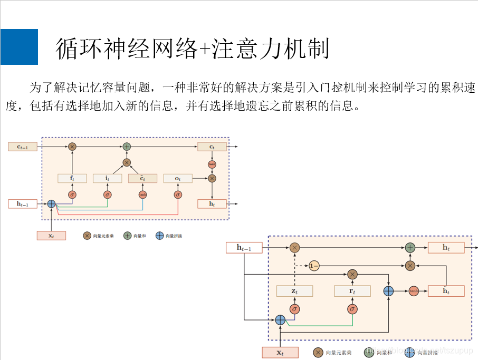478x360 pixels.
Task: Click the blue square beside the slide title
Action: tap(19, 47)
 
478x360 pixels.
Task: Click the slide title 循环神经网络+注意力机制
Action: tap(193, 49)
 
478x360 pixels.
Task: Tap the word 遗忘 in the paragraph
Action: tap(260, 105)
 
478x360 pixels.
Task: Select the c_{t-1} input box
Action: tap(23, 147)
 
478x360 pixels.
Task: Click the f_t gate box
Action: tap(72, 178)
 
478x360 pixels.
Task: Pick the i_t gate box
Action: tap(107, 178)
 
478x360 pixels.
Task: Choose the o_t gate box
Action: tap(178, 178)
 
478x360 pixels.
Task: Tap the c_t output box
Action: tap(212, 147)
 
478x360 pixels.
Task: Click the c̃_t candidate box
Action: tap(142, 178)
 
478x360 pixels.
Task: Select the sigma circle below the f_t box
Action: tap(72, 194)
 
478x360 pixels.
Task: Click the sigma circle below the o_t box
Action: tap(178, 194)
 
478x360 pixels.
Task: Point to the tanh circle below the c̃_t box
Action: tap(142, 194)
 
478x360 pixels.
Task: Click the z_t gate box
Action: tap(294, 291)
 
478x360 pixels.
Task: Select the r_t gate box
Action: tap(352, 291)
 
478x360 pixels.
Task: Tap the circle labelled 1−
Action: tap(314, 266)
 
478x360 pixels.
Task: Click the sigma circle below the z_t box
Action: tap(294, 309)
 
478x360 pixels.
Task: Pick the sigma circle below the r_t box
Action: tap(352, 309)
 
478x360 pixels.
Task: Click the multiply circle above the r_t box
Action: tap(352, 274)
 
